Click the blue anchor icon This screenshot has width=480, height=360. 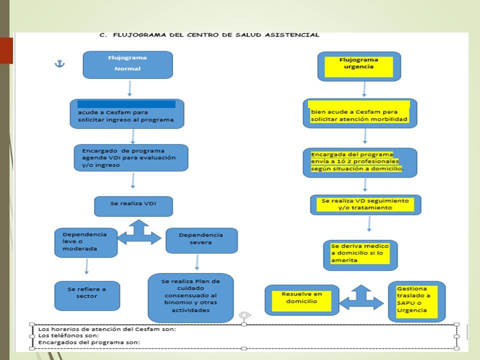pyautogui.click(x=59, y=63)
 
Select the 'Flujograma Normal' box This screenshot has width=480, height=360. pyautogui.click(x=127, y=65)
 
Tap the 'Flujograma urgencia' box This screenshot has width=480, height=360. pyautogui.click(x=359, y=66)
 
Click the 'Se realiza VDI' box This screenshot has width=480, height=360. pyautogui.click(x=133, y=206)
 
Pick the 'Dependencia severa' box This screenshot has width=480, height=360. pyautogui.click(x=201, y=240)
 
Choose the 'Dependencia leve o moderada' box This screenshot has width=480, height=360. pyautogui.click(x=86, y=242)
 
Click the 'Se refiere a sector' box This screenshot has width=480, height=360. pyautogui.click(x=87, y=295)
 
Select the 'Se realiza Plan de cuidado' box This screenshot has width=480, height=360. pyautogui.click(x=190, y=297)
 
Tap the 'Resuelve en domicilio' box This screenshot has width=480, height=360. pyautogui.click(x=302, y=300)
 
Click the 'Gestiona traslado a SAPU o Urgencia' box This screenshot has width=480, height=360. pyautogui.click(x=416, y=301)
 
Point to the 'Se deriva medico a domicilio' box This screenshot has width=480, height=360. pyautogui.click(x=360, y=255)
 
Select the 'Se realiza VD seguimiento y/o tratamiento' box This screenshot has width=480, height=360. pyautogui.click(x=365, y=205)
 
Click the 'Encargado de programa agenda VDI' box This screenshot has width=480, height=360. pyautogui.click(x=131, y=157)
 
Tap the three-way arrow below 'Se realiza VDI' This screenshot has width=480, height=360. pyautogui.click(x=139, y=232)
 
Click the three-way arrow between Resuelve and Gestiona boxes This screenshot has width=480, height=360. pyautogui.click(x=361, y=297)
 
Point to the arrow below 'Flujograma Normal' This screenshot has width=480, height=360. pyautogui.click(x=129, y=88)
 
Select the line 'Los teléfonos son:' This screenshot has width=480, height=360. pyautogui.click(x=68, y=335)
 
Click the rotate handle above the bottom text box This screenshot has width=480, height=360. pyautogui.click(x=244, y=315)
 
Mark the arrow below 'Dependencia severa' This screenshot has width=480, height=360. pyautogui.click(x=197, y=262)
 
